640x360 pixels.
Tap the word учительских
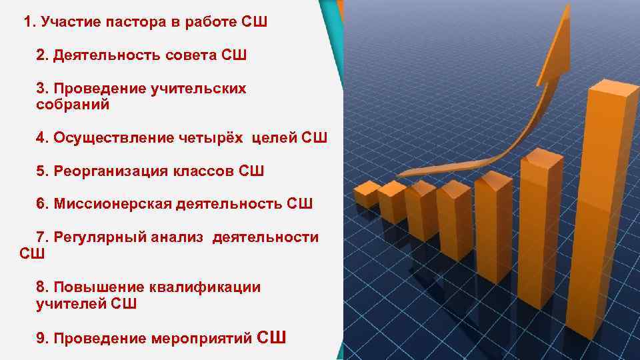click(x=199, y=88)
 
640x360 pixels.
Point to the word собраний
click(x=73, y=105)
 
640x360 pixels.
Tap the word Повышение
click(x=95, y=287)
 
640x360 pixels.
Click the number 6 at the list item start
click(x=41, y=203)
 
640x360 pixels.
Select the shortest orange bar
click(x=366, y=194)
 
